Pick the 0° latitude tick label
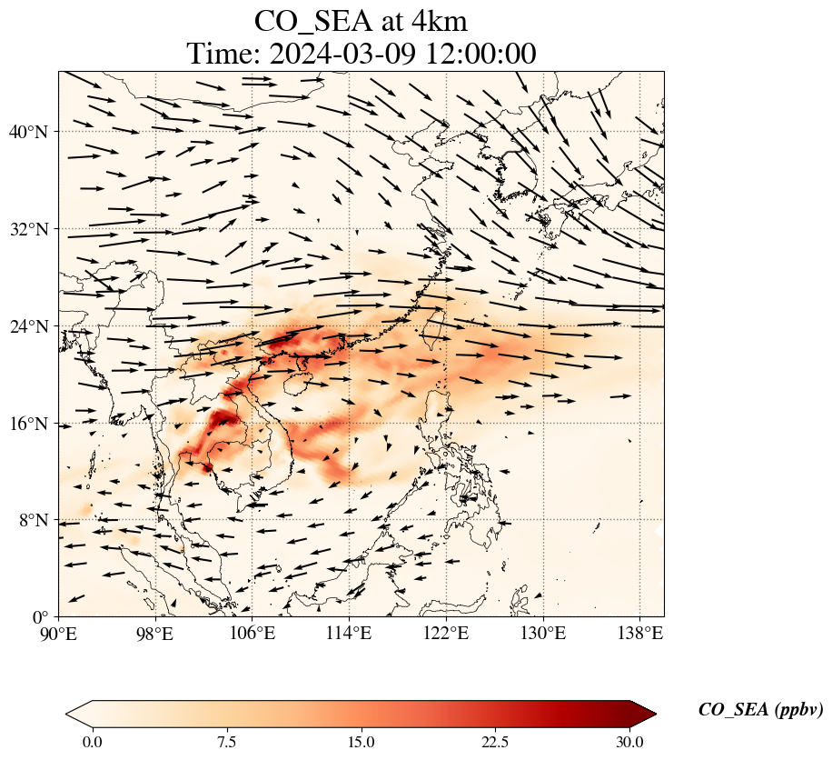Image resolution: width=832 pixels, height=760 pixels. tap(40, 617)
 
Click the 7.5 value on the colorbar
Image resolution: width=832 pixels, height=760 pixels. tap(226, 742)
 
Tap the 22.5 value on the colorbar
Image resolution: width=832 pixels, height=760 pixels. tap(495, 742)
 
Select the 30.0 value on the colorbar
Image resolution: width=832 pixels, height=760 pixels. tap(629, 742)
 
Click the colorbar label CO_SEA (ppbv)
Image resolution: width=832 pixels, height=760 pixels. tap(760, 711)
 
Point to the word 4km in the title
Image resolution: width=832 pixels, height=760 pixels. tap(437, 20)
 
